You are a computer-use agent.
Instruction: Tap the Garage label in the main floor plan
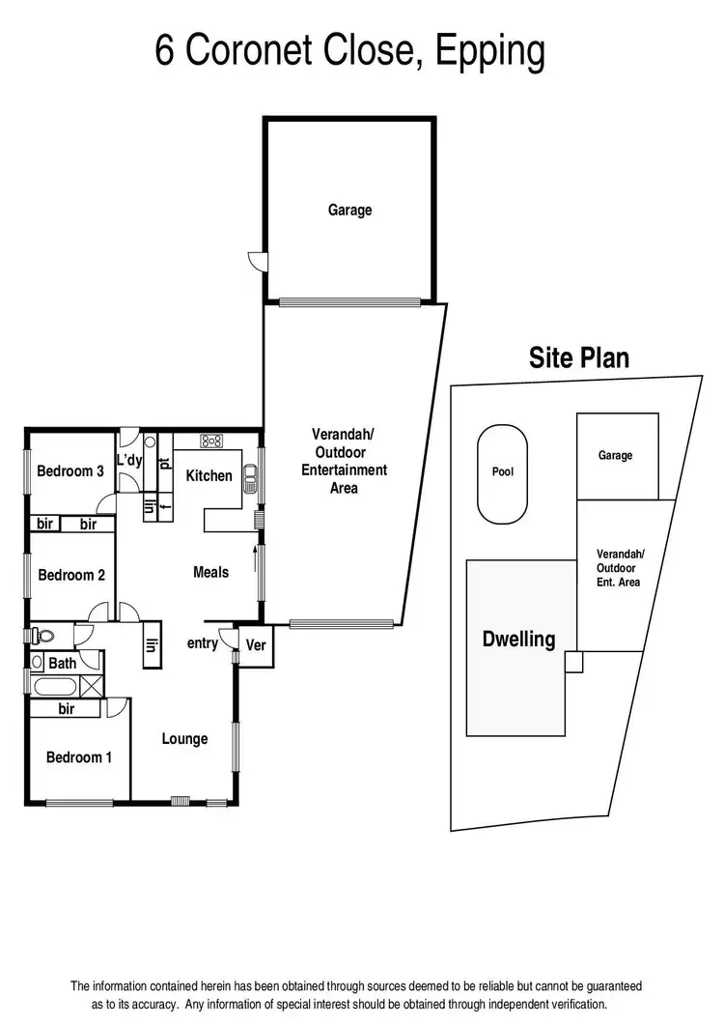349,210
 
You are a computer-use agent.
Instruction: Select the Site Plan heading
579,358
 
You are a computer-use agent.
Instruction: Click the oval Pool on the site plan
503,472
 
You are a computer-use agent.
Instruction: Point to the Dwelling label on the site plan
518,639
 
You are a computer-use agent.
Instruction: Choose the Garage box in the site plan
615,455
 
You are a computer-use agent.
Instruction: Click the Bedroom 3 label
70,471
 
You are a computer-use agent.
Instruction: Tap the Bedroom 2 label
71,575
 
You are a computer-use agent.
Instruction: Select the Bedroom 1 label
79,757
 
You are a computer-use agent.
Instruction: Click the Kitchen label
209,475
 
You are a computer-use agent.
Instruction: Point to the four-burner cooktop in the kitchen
211,441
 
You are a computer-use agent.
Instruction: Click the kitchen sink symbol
250,474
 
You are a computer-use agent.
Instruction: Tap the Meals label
210,572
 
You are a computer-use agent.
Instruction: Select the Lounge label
184,739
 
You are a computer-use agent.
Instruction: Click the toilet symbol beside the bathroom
42,636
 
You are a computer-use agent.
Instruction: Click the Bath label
62,664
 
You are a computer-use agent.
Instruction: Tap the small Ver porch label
256,645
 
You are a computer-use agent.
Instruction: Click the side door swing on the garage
255,260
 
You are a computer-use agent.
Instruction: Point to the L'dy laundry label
129,461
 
